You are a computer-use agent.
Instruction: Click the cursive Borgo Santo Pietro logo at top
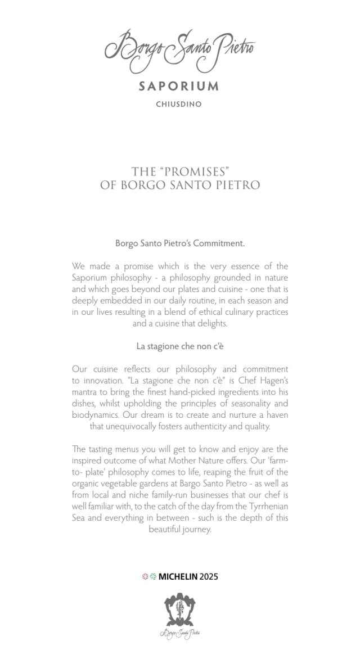click(179, 51)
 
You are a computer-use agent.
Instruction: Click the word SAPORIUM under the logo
click(179, 87)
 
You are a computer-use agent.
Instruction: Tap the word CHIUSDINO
click(179, 104)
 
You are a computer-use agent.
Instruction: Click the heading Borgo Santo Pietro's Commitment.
click(179, 243)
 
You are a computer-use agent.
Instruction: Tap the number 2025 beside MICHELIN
click(208, 576)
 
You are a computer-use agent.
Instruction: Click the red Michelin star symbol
click(145, 576)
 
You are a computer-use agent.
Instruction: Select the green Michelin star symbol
click(152, 576)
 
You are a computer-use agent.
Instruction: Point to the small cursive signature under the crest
click(179, 634)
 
